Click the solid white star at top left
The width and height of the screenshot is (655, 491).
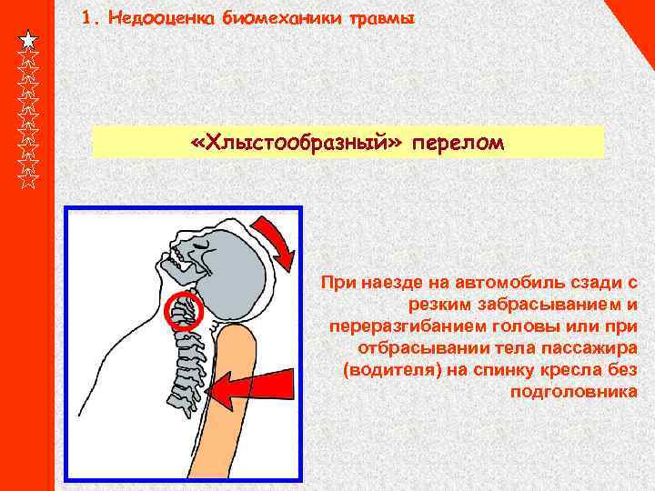[29, 40]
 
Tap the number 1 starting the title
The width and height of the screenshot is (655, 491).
[86, 18]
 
